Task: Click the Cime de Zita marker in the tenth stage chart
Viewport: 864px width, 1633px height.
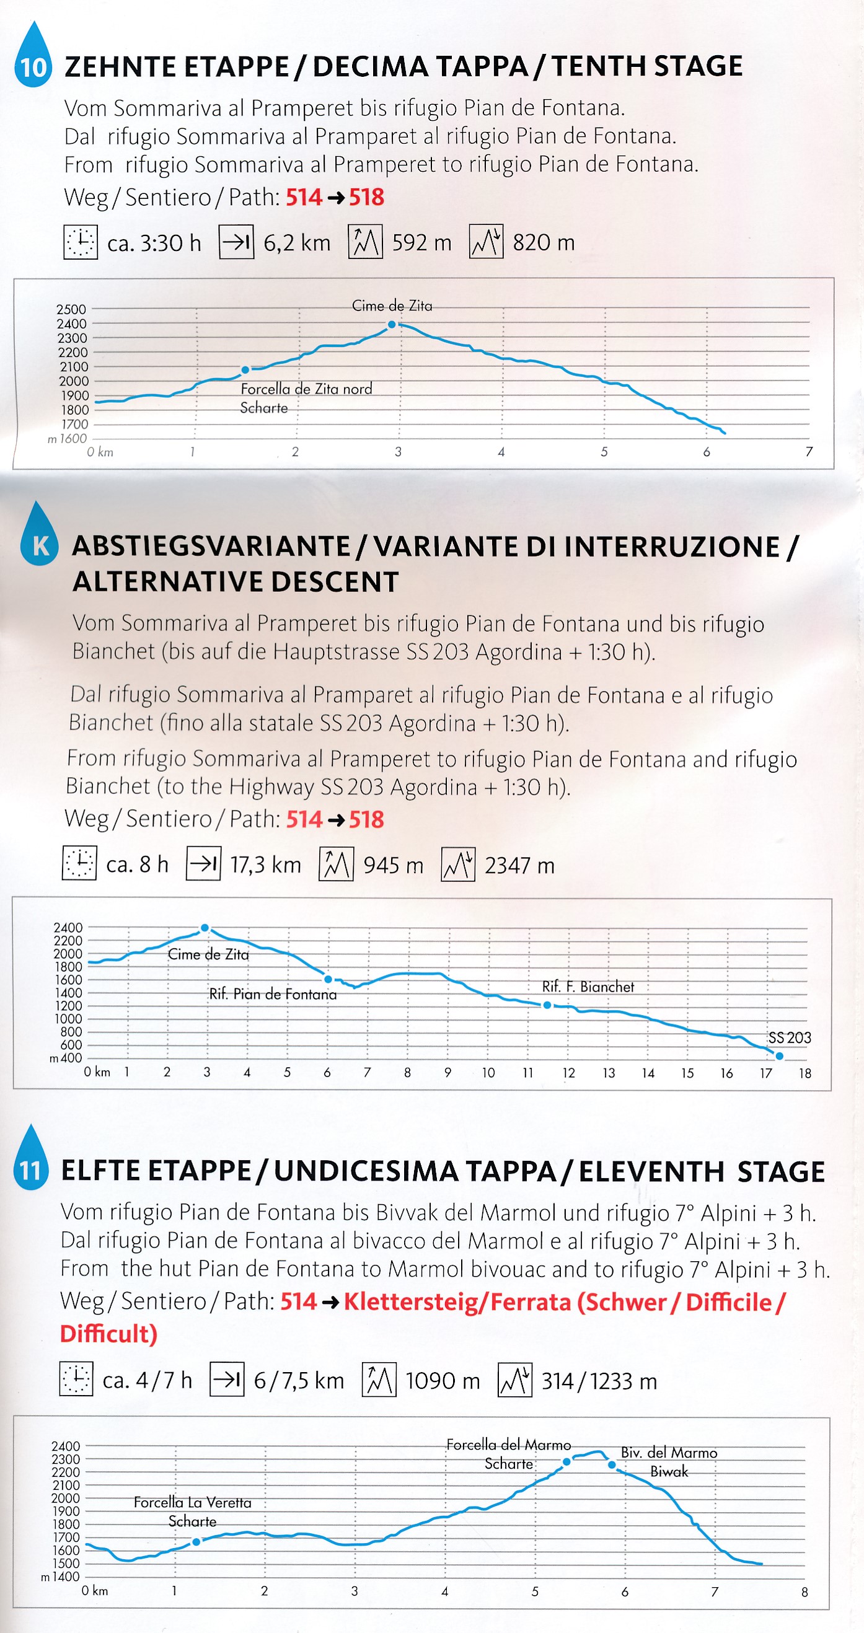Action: (x=392, y=325)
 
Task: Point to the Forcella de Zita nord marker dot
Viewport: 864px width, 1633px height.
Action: (x=245, y=369)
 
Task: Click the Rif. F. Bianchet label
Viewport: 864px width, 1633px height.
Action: (x=588, y=987)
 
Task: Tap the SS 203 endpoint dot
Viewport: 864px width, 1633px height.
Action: (x=779, y=1056)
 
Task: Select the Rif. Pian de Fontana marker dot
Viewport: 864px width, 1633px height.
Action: (x=328, y=979)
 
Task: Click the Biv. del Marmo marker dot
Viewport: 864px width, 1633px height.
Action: (x=612, y=1465)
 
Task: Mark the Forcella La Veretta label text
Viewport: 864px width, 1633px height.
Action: (x=192, y=1502)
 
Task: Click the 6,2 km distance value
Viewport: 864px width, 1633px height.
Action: (x=297, y=243)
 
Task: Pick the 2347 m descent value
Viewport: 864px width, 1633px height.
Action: (x=519, y=865)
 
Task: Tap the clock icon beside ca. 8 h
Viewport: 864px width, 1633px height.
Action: (x=79, y=863)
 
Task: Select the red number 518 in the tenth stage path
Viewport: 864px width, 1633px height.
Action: (x=366, y=198)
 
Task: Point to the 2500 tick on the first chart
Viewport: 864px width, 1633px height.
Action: (x=71, y=309)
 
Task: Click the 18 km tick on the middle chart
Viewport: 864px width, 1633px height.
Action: (x=804, y=1073)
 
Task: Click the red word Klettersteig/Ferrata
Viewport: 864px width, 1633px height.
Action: (x=457, y=1303)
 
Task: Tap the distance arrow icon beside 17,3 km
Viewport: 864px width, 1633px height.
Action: (x=203, y=863)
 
